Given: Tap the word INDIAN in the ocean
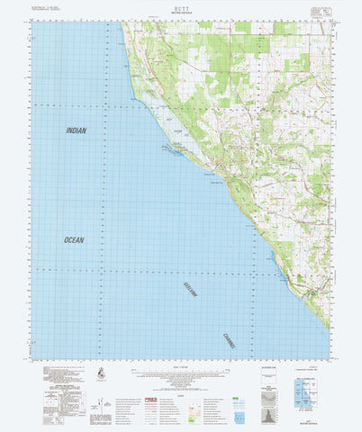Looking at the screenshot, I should pos(77,130).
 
